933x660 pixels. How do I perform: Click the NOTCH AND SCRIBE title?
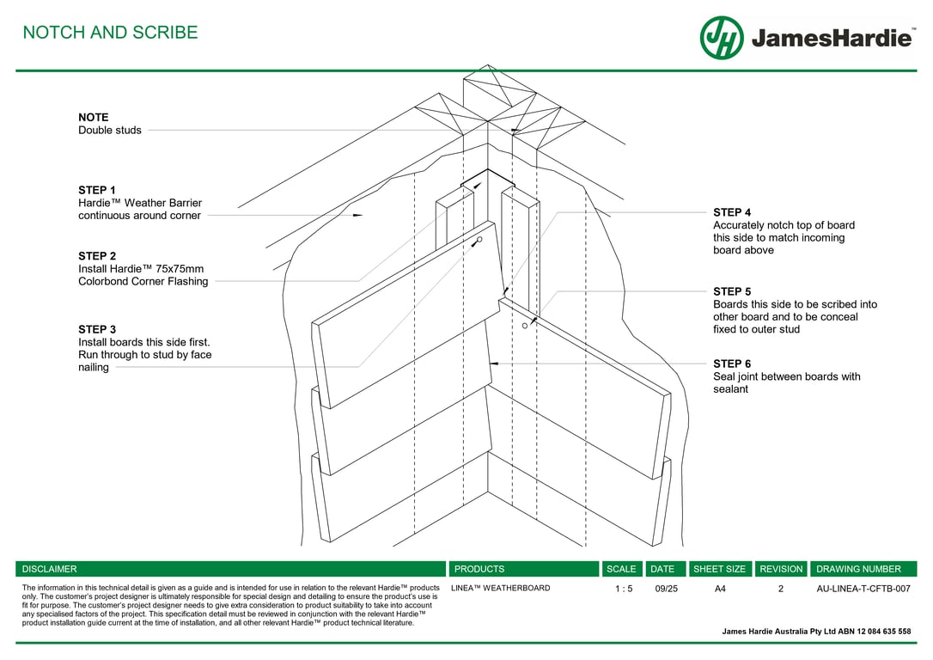(110, 33)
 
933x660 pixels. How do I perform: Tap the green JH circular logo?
(722, 38)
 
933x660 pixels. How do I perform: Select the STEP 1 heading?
(96, 190)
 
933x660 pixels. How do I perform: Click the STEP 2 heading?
(96, 256)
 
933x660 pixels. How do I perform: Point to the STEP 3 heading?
(96, 329)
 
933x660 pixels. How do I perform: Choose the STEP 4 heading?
(732, 212)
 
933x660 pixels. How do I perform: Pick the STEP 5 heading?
(732, 291)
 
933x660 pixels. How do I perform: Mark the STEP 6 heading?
(732, 364)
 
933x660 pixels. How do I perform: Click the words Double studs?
(110, 131)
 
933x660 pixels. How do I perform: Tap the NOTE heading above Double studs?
(93, 118)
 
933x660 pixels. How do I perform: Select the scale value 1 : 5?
(624, 589)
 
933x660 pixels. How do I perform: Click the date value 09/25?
(666, 589)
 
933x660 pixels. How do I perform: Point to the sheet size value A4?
(720, 589)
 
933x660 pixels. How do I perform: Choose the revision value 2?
(781, 589)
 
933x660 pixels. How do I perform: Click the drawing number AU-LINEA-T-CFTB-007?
(863, 589)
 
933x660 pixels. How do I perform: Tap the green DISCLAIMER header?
(49, 569)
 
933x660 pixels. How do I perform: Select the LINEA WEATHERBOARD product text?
(500, 588)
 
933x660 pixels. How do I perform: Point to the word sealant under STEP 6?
(730, 389)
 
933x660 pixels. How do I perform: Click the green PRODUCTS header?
(479, 569)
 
